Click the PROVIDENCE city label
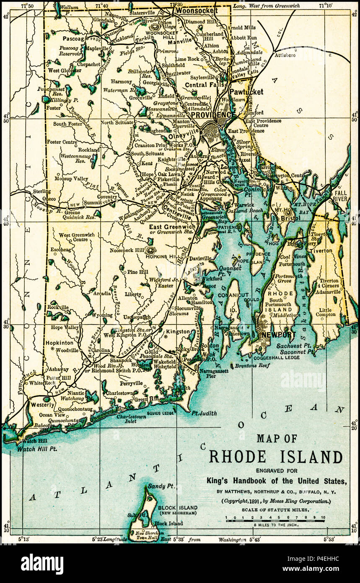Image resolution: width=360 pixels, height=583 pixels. pyautogui.click(x=213, y=115)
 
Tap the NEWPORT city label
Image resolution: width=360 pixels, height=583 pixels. pyautogui.click(x=279, y=335)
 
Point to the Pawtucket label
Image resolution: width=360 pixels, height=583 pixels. pyautogui.click(x=246, y=92)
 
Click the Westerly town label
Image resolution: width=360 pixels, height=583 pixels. pyautogui.click(x=42, y=405)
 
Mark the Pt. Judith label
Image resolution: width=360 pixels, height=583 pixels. pyautogui.click(x=204, y=413)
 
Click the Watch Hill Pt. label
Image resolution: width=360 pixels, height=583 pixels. pyautogui.click(x=37, y=449)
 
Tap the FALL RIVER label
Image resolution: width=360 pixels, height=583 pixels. pyautogui.click(x=340, y=195)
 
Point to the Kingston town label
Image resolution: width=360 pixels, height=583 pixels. pyautogui.click(x=178, y=331)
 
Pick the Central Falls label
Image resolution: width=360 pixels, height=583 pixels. pyautogui.click(x=202, y=85)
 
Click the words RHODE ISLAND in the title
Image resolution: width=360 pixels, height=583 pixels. pyautogui.click(x=275, y=457)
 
